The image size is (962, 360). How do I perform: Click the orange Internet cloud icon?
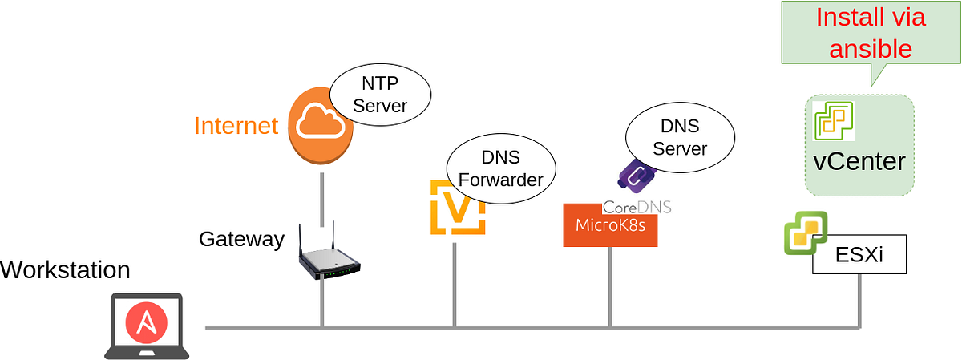[321, 125]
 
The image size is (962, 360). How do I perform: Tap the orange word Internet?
[236, 125]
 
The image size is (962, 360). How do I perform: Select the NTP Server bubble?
[380, 95]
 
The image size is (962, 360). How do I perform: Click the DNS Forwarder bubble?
[501, 168]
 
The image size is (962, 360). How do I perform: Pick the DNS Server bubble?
[680, 137]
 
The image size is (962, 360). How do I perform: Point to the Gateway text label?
[241, 239]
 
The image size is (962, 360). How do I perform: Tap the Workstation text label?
[65, 269]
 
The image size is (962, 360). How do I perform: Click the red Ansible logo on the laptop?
[147, 322]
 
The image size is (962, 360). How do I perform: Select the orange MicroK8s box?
[610, 225]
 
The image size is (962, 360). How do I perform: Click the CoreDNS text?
[637, 208]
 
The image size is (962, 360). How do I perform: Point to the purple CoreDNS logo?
[637, 176]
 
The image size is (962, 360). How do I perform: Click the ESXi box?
[859, 254]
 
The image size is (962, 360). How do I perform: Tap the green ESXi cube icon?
[806, 233]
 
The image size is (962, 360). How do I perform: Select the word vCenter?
[859, 161]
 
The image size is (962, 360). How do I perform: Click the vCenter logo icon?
[833, 121]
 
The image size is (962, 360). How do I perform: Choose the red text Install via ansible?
[871, 33]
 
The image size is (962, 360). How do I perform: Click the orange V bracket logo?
[458, 208]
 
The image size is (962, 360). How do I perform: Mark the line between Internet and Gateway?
[322, 200]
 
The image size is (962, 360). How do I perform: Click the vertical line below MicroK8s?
[610, 287]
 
